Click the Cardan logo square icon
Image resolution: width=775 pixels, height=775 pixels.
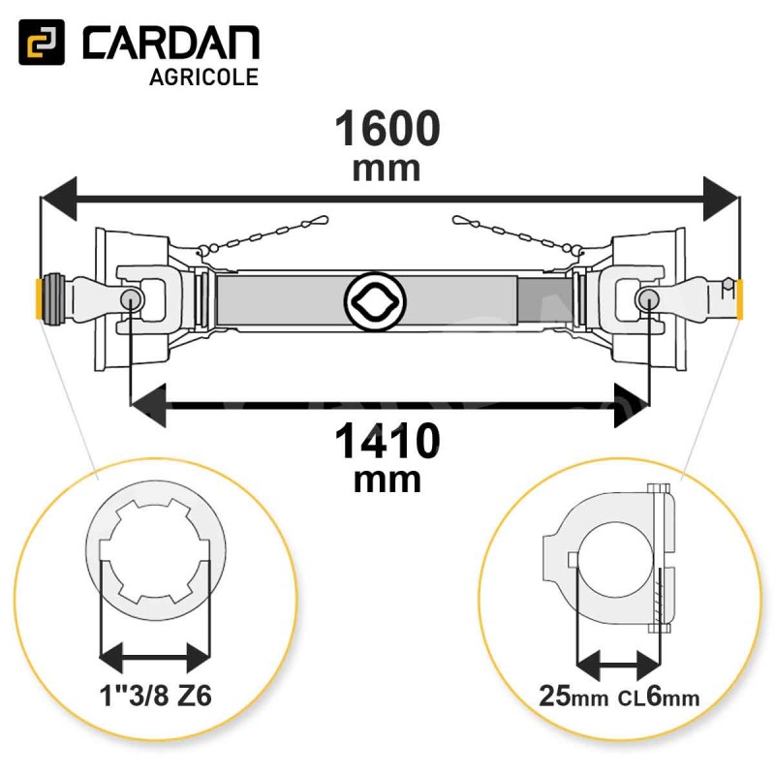[42, 42]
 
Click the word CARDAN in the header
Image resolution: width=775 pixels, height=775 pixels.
[171, 44]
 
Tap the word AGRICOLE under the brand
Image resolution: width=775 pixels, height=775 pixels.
[204, 77]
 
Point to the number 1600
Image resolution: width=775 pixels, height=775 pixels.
[387, 129]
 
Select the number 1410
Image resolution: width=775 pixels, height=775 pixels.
[387, 442]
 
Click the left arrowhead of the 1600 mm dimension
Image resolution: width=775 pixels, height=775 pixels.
[59, 199]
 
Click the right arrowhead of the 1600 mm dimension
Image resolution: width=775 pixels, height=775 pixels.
[721, 199]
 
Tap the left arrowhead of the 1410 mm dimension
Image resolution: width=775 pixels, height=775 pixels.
[148, 405]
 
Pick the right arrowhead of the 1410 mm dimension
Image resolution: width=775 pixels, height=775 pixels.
[632, 405]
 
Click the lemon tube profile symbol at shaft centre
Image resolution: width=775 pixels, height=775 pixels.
[375, 300]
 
